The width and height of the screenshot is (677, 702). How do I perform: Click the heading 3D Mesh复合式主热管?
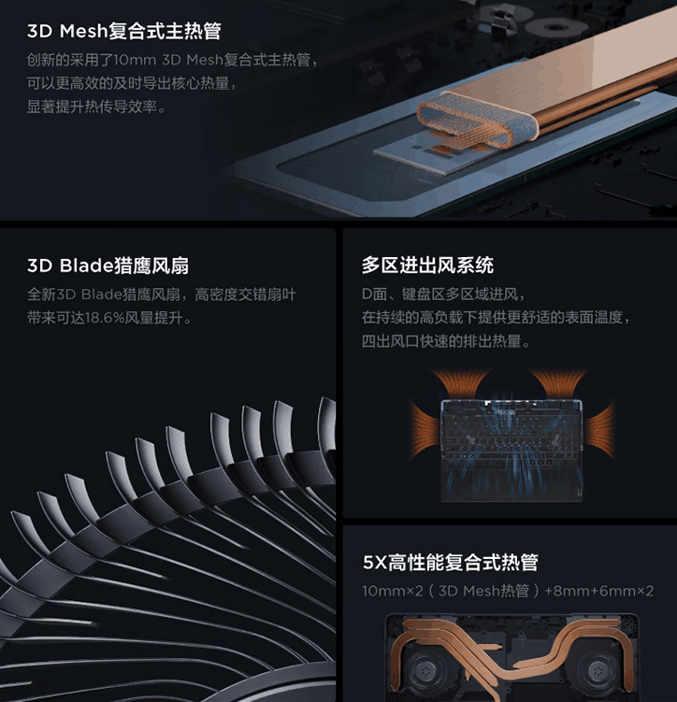point(123,32)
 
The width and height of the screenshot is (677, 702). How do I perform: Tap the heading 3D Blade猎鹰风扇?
point(108,266)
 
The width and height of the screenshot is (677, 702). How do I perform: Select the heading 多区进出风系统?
point(427,266)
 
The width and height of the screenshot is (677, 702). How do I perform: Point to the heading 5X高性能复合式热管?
point(450,563)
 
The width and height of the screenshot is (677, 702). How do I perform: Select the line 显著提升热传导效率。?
point(96,107)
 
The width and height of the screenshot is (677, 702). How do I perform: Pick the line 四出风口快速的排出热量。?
point(447,342)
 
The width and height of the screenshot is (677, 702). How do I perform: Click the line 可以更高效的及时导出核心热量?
point(131,84)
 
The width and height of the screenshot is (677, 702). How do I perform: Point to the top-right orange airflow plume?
point(557,380)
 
